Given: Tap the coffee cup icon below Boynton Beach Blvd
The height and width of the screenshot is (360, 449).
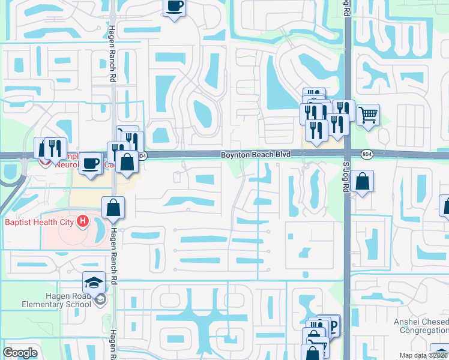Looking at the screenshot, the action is (x=90, y=163).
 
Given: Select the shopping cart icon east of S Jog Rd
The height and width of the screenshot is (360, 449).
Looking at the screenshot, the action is (x=368, y=113).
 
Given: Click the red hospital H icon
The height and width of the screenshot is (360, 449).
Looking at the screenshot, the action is (x=83, y=222).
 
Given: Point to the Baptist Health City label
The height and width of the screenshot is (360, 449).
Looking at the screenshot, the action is (x=40, y=222).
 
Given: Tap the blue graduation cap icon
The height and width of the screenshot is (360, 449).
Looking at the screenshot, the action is (x=94, y=282).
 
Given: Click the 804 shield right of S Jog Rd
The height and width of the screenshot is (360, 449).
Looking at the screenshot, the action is (x=366, y=154).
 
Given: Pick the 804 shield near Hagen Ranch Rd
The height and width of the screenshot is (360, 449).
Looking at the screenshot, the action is (x=142, y=155).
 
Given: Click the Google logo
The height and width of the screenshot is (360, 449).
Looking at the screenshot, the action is (x=20, y=353).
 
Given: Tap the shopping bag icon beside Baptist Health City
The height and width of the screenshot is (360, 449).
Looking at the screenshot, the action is (x=113, y=208).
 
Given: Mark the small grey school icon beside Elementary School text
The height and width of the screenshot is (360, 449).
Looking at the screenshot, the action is (x=101, y=299).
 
